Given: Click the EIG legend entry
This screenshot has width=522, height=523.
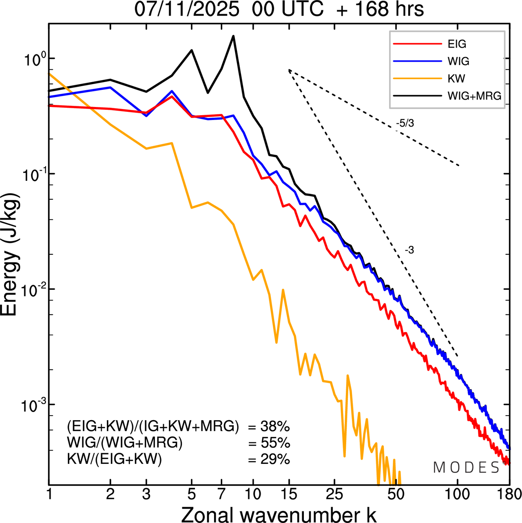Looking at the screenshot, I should (x=457, y=44).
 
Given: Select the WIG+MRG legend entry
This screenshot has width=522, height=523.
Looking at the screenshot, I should (x=474, y=96).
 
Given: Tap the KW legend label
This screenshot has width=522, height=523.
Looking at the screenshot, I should (x=456, y=78).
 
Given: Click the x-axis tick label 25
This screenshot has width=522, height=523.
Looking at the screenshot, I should (x=334, y=494).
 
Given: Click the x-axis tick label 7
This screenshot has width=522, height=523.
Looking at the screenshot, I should (x=221, y=494).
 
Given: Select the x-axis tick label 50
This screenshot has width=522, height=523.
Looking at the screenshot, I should (x=396, y=494).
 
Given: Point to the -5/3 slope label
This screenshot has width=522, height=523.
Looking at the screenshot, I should (x=405, y=123).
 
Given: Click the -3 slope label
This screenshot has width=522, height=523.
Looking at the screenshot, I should (x=409, y=250).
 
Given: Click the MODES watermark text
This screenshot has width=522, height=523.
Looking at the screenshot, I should (x=467, y=467).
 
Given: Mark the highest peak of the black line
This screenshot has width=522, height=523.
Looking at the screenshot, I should (x=233, y=36).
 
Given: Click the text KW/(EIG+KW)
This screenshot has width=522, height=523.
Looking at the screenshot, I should (x=115, y=459).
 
